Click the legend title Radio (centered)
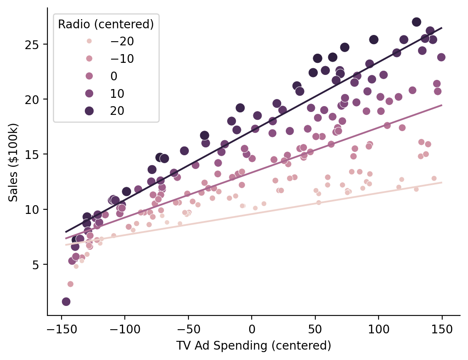(x=106, y=25)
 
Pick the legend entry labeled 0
(x=114, y=76)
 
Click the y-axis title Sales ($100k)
(x=14, y=162)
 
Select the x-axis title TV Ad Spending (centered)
(x=254, y=346)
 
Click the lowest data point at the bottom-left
(x=66, y=302)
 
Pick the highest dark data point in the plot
(x=416, y=22)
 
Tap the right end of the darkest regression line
(x=442, y=28)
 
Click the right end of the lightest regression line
(x=442, y=182)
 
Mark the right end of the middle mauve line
(x=442, y=105)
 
